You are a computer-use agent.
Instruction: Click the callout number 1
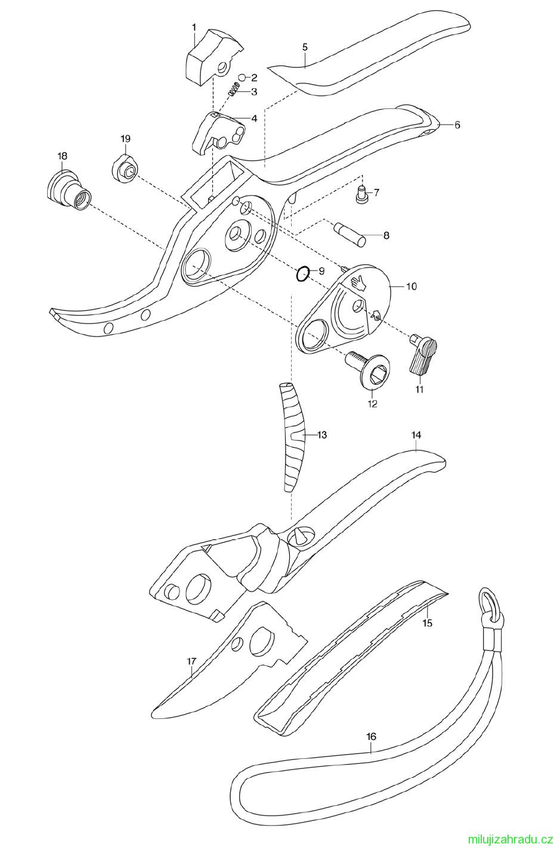194,27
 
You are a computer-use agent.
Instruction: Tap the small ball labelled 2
242,77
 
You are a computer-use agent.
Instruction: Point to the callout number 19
125,139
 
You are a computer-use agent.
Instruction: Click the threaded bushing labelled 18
70,190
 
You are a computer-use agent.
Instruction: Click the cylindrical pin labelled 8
350,233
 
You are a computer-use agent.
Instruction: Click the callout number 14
416,434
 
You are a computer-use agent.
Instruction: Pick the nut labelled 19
125,169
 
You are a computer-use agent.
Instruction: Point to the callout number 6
457,124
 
